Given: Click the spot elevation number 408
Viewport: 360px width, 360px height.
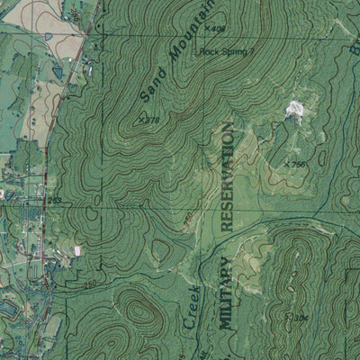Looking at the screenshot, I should pos(216,30).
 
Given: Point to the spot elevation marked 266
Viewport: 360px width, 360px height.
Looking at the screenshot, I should pos(297,165).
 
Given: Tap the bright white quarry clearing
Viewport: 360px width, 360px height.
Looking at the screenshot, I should pos(293,111).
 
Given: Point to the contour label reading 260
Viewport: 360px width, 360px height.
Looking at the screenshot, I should pos(188,220).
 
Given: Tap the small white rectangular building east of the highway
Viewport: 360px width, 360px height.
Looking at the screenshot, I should pos(77,249).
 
